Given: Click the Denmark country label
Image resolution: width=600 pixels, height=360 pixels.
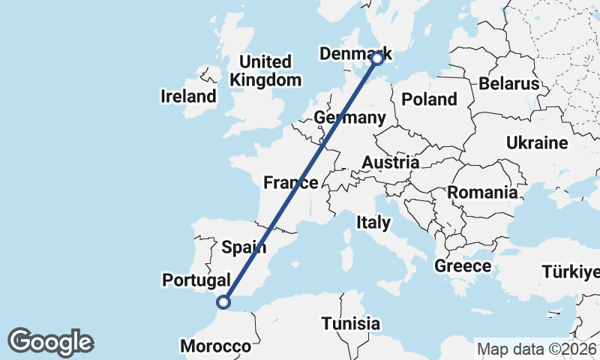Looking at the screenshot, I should [355, 54].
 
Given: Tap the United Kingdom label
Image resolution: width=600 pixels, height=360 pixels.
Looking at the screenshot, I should [266, 70].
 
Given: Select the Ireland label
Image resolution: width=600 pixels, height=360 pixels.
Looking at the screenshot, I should [188, 96].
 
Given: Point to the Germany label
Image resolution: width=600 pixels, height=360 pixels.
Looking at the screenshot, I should [349, 118].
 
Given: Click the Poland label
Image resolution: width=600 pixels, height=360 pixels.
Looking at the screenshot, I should [429, 99].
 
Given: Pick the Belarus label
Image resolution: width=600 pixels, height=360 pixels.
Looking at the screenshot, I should [509, 83].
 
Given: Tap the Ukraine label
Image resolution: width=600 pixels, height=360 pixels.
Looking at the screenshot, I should [537, 142].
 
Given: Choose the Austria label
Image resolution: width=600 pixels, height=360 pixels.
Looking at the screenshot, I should [390, 162].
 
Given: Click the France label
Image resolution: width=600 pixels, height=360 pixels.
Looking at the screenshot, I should [291, 182].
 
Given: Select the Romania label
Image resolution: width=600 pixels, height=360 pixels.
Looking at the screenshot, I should [483, 192].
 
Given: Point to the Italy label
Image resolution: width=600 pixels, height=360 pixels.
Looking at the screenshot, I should [373, 223].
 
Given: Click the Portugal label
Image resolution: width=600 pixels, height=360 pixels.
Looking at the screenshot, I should [196, 280].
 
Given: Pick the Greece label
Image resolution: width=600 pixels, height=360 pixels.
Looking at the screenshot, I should [463, 265].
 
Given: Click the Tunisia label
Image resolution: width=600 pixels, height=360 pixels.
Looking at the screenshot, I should [351, 324].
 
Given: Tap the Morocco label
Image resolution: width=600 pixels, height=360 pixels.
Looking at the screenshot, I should [215, 346].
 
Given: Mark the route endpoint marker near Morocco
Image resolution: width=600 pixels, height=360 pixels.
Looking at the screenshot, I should [222, 302].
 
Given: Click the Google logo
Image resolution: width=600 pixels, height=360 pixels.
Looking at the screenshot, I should [51, 342].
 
